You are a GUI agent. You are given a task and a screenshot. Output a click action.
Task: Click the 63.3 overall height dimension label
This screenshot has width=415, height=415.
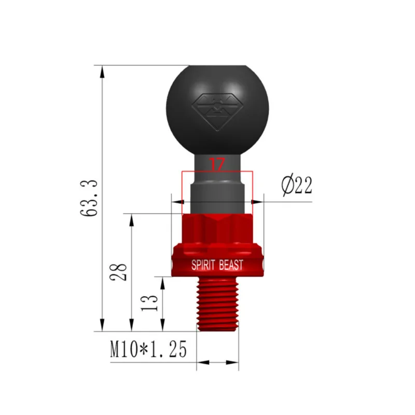point(89,198)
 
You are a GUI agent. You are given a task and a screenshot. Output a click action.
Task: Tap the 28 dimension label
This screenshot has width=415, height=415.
point(118,272)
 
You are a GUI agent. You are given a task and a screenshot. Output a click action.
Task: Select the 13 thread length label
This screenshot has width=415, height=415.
point(149,303)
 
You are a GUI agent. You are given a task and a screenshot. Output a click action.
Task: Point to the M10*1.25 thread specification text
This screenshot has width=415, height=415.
point(148,349)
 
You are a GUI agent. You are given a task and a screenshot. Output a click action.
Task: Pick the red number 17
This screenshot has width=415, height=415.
point(217,164)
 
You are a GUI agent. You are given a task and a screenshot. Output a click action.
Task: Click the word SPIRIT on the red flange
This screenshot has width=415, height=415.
point(203,265)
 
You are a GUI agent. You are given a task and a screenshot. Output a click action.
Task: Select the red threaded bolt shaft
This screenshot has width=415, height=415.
point(217,304)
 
